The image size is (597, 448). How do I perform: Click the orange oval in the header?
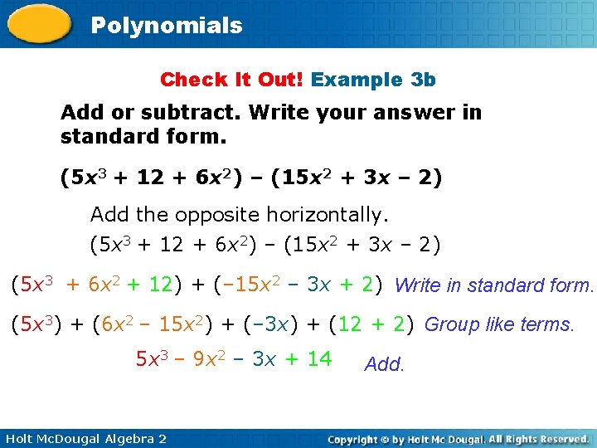[x=39, y=22]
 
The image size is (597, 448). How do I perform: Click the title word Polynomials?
[x=166, y=26]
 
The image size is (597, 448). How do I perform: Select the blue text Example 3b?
[x=373, y=80]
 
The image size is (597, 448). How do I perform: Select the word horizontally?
[x=327, y=215]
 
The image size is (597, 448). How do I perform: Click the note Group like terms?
[x=499, y=324]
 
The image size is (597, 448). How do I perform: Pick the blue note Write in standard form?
[x=494, y=286]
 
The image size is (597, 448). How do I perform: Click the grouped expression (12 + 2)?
[x=371, y=324]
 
